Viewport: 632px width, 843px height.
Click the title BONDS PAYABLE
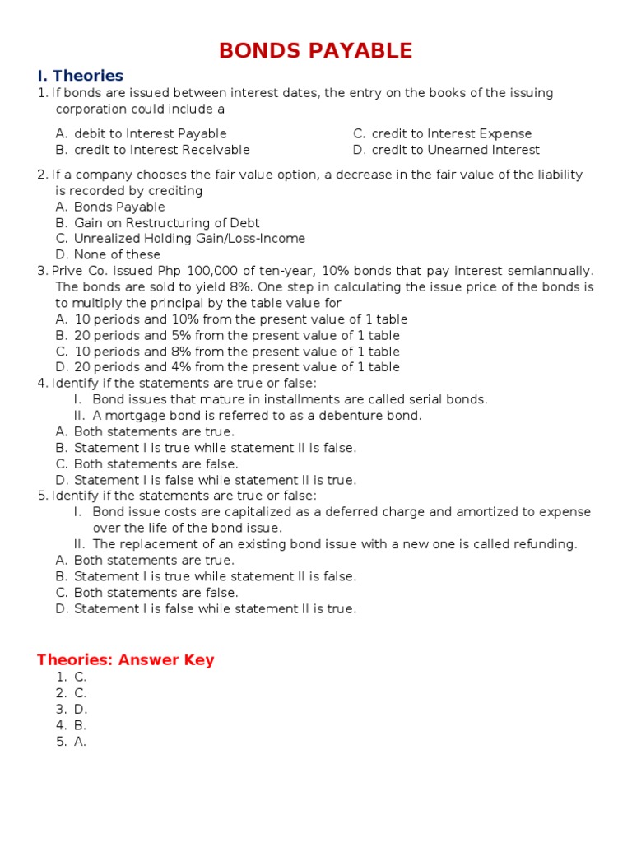pos(315,50)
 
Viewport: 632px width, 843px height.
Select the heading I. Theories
pos(80,76)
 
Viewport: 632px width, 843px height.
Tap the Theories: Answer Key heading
pos(125,659)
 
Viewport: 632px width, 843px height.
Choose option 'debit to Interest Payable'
pos(150,133)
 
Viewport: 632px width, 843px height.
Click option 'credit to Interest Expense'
pos(451,133)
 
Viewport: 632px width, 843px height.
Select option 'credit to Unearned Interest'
pos(455,150)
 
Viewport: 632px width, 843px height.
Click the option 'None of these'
pos(117,255)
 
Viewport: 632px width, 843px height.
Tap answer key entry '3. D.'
pos(72,709)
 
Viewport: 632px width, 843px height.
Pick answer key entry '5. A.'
pos(72,741)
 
